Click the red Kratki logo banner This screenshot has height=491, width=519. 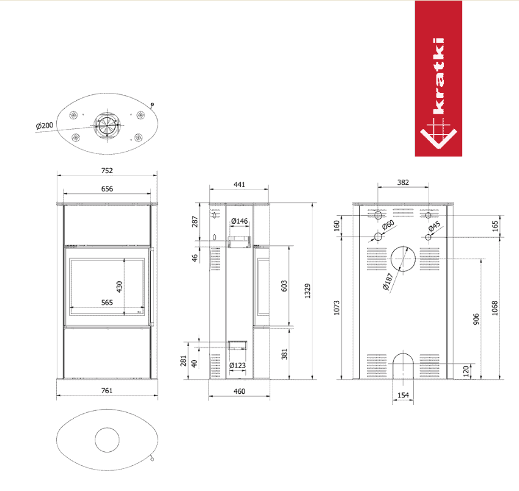point(438,78)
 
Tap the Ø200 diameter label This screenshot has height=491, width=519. point(45,125)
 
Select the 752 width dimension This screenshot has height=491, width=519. point(107,171)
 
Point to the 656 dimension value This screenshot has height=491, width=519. point(107,189)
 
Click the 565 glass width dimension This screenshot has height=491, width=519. point(107,302)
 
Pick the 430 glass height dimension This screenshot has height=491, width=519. point(119,287)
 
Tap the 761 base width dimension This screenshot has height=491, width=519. point(106,391)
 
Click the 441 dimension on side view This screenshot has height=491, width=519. point(239,185)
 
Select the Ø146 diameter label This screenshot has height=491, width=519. point(239,221)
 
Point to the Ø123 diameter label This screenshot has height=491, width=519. point(237,365)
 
